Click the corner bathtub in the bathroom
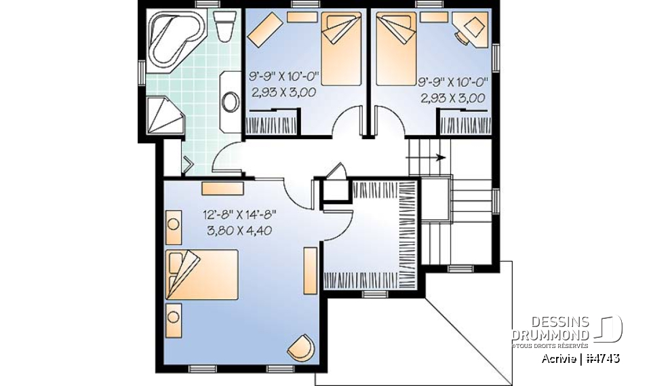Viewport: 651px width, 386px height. pos(172,39)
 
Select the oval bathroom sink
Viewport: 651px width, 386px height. pos(231,102)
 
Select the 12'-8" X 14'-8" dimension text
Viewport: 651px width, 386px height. pos(239,215)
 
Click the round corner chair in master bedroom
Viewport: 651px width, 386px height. pos(302,348)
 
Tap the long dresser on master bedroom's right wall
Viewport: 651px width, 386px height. pos(309,271)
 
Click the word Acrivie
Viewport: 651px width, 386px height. pos(559,358)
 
